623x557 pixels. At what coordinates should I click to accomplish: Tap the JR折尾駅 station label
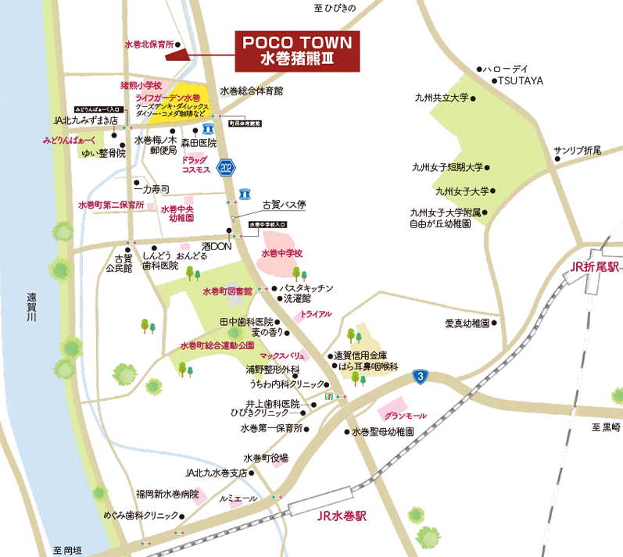tap(594, 266)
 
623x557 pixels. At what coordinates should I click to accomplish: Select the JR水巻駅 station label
tap(342, 517)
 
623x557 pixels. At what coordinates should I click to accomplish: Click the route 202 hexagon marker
tap(227, 166)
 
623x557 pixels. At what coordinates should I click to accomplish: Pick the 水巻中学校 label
tap(281, 254)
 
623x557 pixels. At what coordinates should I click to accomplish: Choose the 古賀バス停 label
tap(284, 205)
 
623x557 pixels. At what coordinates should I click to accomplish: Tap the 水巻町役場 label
tap(266, 458)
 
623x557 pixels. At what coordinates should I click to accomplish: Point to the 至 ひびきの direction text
tap(335, 8)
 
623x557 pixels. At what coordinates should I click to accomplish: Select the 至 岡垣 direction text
tap(69, 550)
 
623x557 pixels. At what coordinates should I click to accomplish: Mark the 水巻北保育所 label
tap(149, 45)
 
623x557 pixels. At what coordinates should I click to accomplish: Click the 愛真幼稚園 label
tap(467, 323)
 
